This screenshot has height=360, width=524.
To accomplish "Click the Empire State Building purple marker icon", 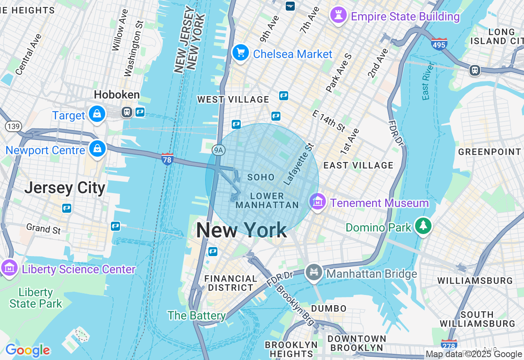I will (339, 16).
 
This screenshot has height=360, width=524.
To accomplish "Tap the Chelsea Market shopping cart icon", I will (241, 53).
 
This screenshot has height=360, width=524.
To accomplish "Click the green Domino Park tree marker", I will (423, 226).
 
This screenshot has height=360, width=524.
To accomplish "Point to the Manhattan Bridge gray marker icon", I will (314, 272).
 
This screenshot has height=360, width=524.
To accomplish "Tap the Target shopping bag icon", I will (97, 115).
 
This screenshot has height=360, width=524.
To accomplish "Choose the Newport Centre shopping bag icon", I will (97, 149).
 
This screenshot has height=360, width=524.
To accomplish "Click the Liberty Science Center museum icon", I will (9, 268).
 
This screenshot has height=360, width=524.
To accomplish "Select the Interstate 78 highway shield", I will (167, 159).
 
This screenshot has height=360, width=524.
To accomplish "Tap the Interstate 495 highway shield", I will (439, 44).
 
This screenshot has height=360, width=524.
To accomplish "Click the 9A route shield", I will (219, 150).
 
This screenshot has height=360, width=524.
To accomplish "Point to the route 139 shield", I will (14, 126).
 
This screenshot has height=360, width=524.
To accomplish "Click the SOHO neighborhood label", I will (261, 177).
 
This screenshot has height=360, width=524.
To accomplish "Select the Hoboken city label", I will (117, 95).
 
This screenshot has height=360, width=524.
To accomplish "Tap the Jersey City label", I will (65, 188).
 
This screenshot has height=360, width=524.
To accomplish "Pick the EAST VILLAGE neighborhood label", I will (358, 165).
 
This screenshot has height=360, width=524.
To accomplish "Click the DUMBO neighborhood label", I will (329, 308).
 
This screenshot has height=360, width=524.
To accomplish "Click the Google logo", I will (27, 350).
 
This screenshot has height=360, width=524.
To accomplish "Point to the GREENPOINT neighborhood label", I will (490, 152).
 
